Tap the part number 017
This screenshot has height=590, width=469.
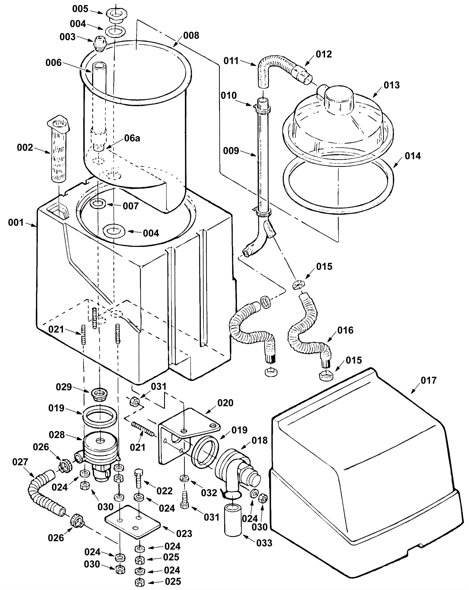(429, 381)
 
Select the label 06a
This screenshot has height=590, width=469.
(132, 138)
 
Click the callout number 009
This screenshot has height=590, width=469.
(231, 151)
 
